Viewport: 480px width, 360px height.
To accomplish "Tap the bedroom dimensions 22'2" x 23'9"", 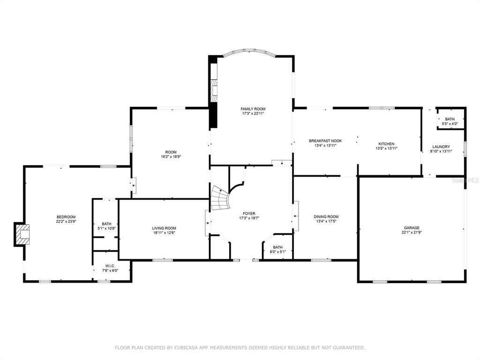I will [x=66, y=221].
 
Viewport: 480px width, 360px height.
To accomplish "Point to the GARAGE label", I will [x=412, y=228].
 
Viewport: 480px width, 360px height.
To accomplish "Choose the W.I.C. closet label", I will [x=111, y=266].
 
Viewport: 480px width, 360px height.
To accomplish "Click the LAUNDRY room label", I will [x=441, y=147].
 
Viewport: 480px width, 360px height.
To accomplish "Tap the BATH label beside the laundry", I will [x=450, y=119].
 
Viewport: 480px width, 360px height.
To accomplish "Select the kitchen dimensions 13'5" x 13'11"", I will [x=386, y=149].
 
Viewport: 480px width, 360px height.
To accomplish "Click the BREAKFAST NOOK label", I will [x=325, y=141].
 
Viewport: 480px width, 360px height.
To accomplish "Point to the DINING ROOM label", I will [x=326, y=217].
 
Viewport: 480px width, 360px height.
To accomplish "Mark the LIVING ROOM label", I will [x=164, y=228].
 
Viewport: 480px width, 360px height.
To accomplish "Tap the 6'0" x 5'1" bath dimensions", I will [x=277, y=252].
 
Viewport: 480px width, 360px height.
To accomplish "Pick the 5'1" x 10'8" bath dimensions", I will [x=106, y=228].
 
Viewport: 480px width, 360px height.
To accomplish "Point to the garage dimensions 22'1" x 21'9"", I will [x=412, y=232].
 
